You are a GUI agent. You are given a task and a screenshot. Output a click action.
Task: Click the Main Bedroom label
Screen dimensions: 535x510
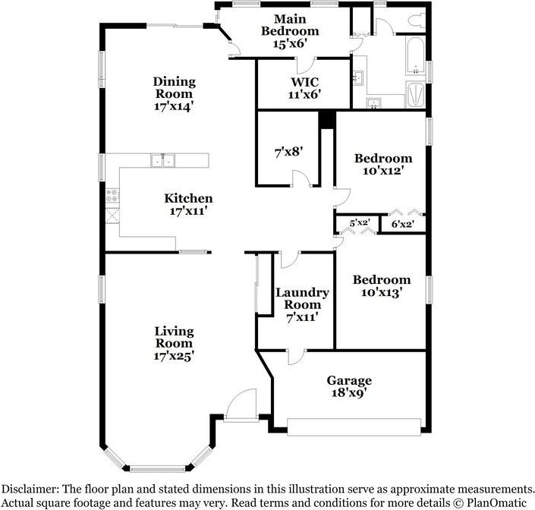point(290,31)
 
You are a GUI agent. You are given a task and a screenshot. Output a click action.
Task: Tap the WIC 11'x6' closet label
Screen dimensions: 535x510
point(304,88)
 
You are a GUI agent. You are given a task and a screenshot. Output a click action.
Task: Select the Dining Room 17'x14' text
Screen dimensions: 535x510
point(174,94)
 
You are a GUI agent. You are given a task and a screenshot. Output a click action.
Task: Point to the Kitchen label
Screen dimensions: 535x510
point(188,198)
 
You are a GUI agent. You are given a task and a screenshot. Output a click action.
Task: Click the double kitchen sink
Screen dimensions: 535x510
point(162,160)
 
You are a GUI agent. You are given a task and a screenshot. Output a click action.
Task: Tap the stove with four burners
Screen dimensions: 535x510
point(112,196)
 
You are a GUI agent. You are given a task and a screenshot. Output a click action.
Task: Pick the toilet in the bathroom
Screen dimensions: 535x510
point(417,20)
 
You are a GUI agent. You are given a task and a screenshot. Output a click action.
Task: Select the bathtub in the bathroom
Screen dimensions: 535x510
point(415,56)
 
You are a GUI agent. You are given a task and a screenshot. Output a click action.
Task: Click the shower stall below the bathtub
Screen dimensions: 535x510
point(415,95)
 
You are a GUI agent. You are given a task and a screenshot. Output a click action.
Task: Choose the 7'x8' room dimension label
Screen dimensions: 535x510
point(288,151)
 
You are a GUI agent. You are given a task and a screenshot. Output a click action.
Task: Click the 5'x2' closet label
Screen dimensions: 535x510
point(360,223)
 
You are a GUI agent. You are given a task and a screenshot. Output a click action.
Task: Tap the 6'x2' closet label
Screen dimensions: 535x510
point(403,224)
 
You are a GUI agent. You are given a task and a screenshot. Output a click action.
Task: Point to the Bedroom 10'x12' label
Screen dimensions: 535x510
point(383,164)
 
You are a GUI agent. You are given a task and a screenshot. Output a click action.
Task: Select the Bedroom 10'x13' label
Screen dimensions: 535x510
point(382,286)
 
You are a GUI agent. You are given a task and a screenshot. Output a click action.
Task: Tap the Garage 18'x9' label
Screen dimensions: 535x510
point(349,386)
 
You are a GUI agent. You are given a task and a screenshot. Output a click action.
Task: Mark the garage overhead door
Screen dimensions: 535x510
point(354,427)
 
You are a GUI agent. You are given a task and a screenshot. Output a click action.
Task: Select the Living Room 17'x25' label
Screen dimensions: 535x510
point(174,343)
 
